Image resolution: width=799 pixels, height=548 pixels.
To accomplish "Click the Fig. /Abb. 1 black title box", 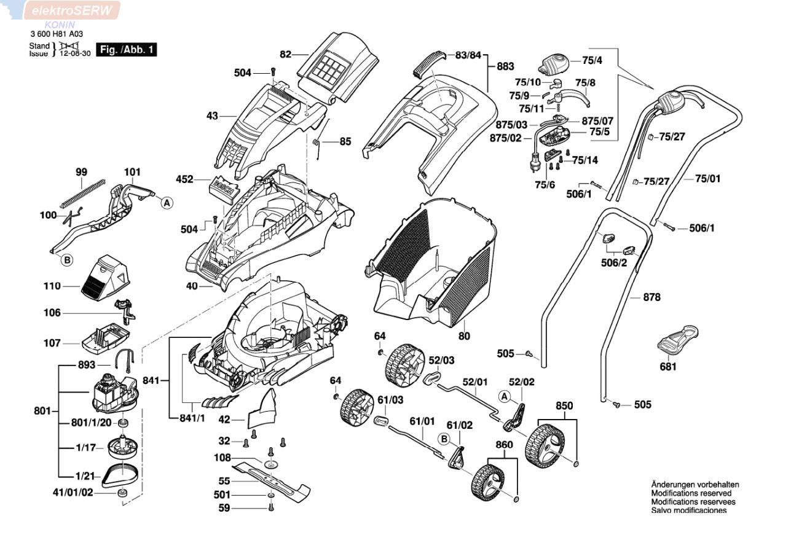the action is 126,50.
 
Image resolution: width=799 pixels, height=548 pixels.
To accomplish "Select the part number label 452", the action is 184,179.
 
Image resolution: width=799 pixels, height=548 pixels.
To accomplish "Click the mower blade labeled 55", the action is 271,479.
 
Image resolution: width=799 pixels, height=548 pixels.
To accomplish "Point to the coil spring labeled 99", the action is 83,194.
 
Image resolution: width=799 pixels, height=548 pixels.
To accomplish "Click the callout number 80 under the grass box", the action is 464,336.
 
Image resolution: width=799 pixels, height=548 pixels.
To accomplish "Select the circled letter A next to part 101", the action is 167,203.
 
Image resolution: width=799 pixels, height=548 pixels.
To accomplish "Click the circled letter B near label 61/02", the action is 444,439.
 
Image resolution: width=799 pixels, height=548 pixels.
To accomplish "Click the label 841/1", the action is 192,418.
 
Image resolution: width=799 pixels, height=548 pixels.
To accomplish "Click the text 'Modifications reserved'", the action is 691,493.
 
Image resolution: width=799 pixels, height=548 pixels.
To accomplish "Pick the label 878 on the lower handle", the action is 651,297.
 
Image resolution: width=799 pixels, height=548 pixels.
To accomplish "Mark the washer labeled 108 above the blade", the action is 271,465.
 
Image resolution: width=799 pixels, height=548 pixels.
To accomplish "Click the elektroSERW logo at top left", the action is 72,10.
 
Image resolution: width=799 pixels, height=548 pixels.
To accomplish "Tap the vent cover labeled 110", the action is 104,276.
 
